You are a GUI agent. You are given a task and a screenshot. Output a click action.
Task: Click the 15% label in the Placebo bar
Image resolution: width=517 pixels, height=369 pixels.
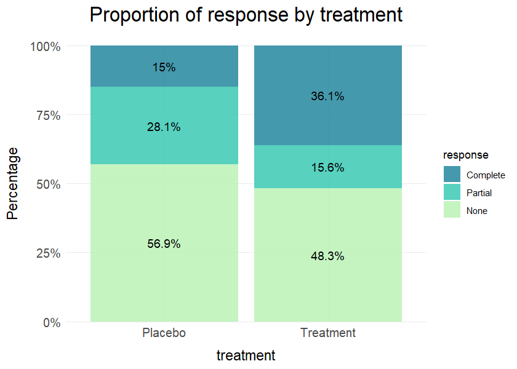click(x=164, y=68)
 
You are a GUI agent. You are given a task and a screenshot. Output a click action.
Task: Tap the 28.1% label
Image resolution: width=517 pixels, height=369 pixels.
click(x=164, y=127)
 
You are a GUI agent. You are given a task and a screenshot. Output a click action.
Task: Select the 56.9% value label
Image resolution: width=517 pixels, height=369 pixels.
click(x=164, y=244)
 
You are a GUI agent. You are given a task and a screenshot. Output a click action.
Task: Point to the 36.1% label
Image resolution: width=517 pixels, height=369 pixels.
click(x=327, y=96)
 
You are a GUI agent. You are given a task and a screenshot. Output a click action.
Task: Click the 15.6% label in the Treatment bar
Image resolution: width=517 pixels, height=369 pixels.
click(x=327, y=167)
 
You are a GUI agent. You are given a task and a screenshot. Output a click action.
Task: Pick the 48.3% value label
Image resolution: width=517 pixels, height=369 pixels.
click(x=327, y=256)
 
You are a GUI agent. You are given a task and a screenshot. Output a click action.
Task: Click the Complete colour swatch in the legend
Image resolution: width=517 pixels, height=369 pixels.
click(x=452, y=175)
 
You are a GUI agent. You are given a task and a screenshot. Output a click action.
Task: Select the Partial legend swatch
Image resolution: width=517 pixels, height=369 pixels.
click(x=452, y=192)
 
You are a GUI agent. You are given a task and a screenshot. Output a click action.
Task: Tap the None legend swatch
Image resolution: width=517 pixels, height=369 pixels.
click(x=452, y=210)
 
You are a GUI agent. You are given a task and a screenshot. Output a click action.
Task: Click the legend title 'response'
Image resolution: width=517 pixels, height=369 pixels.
click(x=466, y=155)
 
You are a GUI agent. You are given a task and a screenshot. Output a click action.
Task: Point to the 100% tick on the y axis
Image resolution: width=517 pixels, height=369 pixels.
click(x=46, y=46)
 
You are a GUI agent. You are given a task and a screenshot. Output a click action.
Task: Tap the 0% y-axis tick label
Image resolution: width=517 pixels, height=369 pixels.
click(x=51, y=322)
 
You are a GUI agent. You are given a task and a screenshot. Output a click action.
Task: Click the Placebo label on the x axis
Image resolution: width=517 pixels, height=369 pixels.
click(x=164, y=333)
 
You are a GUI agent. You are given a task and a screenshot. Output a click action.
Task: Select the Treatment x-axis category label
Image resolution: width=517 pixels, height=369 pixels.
click(x=328, y=333)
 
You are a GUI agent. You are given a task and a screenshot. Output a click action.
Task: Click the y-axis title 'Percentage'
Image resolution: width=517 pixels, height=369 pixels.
click(x=13, y=183)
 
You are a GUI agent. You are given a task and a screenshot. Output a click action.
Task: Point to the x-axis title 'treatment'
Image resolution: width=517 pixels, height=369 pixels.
click(x=246, y=355)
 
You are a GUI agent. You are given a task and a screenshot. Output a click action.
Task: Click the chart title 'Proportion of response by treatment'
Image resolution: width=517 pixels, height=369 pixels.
click(x=246, y=15)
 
